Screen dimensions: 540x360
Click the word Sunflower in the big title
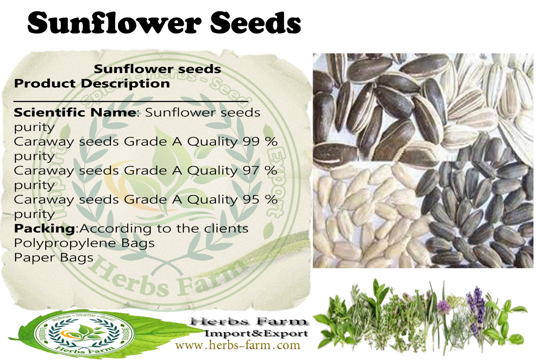pyautogui.click(x=114, y=23)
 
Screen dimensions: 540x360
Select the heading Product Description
pyautogui.click(x=92, y=84)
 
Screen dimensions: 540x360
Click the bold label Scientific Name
pyautogui.click(x=75, y=112)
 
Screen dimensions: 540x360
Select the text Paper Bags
pyautogui.click(x=54, y=258)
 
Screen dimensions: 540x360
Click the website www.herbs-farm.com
pyautogui.click(x=238, y=345)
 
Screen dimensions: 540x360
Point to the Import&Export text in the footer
pyautogui.click(x=256, y=334)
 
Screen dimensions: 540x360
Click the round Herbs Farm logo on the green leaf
pyautogui.click(x=84, y=334)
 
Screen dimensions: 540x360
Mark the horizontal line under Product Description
pyautogui.click(x=131, y=101)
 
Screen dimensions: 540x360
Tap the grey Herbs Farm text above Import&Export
pyautogui.click(x=248, y=321)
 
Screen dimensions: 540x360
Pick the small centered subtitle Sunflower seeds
pyautogui.click(x=157, y=69)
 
